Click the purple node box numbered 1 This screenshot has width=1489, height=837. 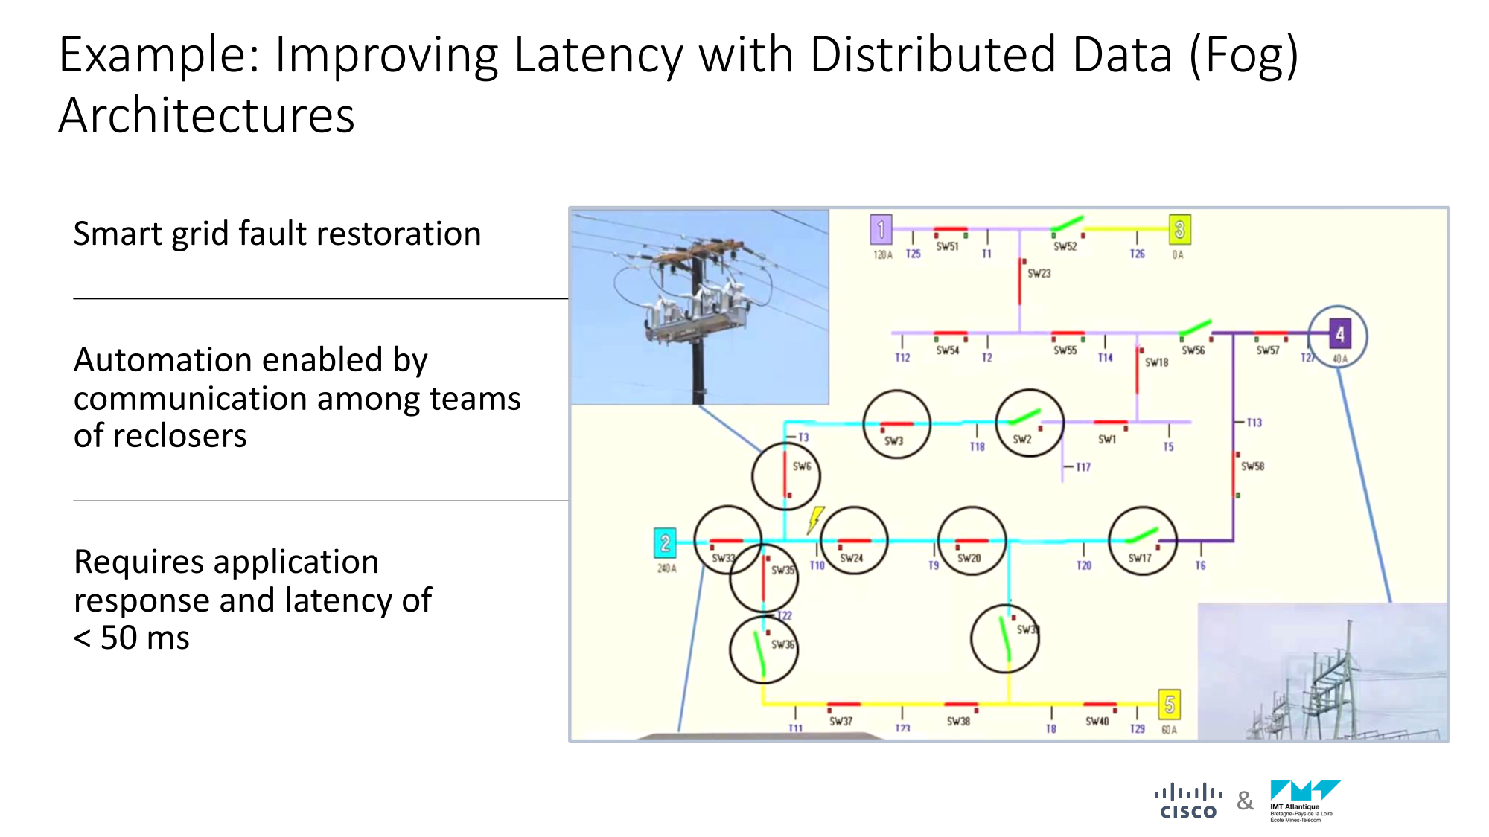(x=881, y=230)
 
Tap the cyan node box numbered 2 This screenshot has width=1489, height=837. (x=664, y=543)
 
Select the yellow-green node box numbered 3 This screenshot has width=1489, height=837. (x=1179, y=230)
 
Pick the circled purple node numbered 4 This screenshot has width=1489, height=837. (x=1339, y=336)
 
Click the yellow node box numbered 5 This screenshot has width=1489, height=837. (x=1170, y=704)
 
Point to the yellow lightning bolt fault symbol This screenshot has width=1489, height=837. (x=816, y=519)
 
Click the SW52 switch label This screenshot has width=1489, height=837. (x=1065, y=246)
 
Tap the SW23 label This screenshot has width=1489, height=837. (x=1039, y=274)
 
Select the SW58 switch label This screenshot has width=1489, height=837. (x=1252, y=466)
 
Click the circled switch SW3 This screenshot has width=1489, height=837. (x=896, y=424)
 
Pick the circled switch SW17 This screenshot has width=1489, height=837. (x=1142, y=542)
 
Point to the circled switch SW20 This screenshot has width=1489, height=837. (x=972, y=542)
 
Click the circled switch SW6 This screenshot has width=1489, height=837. (x=786, y=476)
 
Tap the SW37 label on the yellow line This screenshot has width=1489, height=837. (x=841, y=721)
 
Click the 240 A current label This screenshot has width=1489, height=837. (x=666, y=568)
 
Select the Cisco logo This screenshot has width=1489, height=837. (x=1188, y=801)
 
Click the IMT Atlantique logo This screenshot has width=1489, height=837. (x=1304, y=801)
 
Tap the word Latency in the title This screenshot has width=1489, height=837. (x=599, y=55)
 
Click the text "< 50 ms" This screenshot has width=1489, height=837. (x=132, y=638)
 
